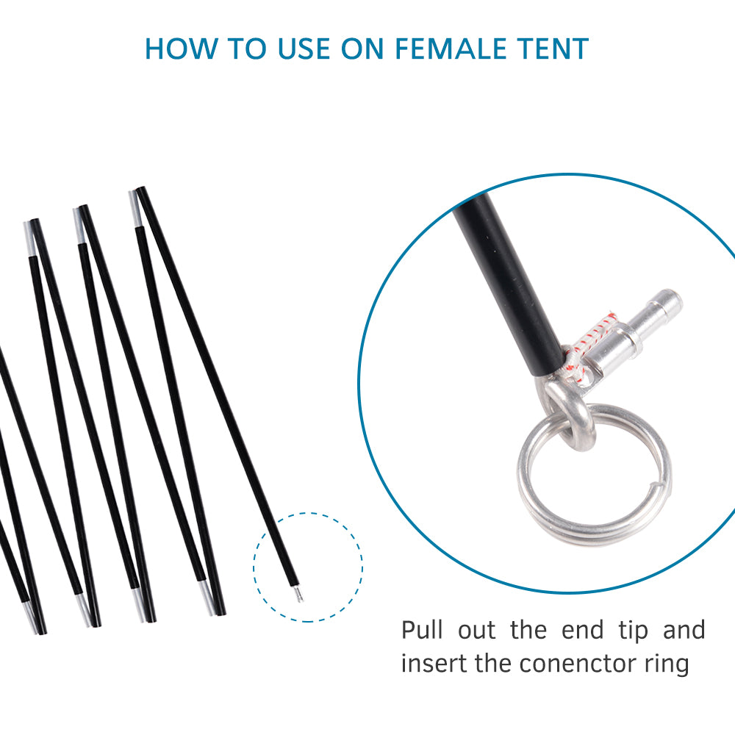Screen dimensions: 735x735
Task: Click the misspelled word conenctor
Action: click(x=581, y=664)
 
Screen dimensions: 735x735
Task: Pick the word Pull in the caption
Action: click(x=422, y=631)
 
